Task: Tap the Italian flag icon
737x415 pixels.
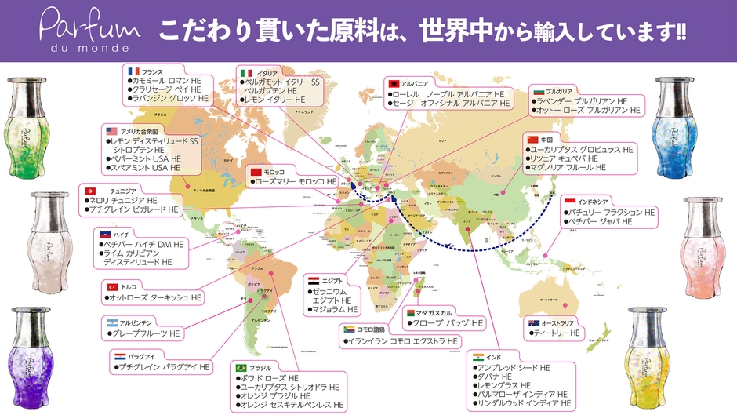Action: pyautogui.click(x=246, y=73)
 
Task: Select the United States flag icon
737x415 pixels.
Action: pyautogui.click(x=111, y=130)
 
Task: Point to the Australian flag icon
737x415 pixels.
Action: pyautogui.click(x=533, y=323)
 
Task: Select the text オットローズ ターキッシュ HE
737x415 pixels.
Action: pyautogui.click(x=156, y=298)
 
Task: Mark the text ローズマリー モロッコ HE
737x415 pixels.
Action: pyautogui.click(x=295, y=181)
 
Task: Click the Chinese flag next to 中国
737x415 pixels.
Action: pyautogui.click(x=532, y=139)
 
